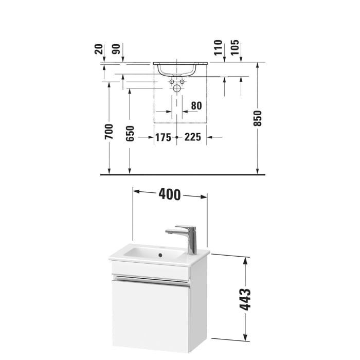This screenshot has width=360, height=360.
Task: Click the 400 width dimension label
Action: click(170, 194)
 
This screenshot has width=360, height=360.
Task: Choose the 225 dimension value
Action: click(193, 137)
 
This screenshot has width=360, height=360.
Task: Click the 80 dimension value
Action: click(195, 106)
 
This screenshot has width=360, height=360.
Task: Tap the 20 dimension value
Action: click(98, 49)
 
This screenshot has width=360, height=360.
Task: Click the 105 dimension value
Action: click(235, 47)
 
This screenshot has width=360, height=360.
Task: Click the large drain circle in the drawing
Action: click(177, 88)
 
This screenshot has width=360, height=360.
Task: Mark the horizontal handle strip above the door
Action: click(151, 281)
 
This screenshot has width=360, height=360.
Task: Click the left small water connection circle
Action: click(172, 82)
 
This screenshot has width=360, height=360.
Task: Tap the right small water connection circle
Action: click(182, 82)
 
